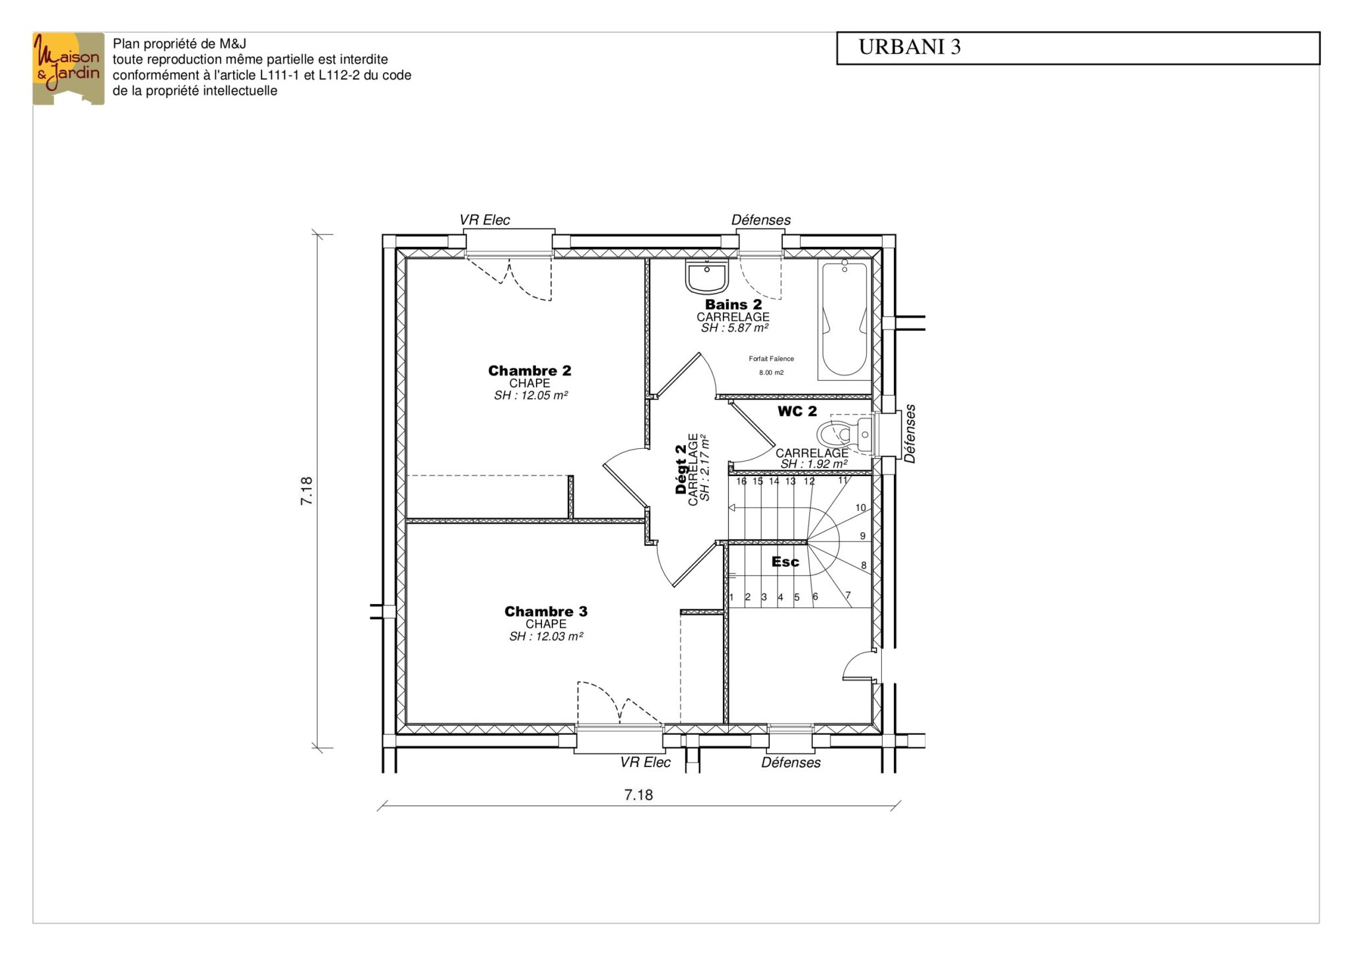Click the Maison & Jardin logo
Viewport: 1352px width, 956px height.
pos(69,69)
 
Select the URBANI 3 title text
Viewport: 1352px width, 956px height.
pos(909,47)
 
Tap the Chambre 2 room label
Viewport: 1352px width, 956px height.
pos(529,370)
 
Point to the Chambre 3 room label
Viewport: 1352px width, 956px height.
pos(546,611)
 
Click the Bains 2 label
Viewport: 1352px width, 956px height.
pos(733,304)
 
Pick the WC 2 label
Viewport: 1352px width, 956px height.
pos(797,411)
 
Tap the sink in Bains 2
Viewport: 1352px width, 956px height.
pos(706,276)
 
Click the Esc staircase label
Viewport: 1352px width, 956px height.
pos(785,562)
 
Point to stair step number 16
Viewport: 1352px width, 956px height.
pos(741,481)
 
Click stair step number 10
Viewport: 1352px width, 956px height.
pos(861,508)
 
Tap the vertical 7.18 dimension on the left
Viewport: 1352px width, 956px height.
pos(307,491)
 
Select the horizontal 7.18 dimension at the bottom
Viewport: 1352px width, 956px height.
pos(638,795)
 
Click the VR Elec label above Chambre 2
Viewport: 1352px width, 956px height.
pos(485,220)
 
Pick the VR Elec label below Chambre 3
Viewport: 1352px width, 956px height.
pos(645,763)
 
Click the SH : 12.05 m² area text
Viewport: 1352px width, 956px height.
pos(531,395)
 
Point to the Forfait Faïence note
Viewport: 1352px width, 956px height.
pos(771,359)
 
